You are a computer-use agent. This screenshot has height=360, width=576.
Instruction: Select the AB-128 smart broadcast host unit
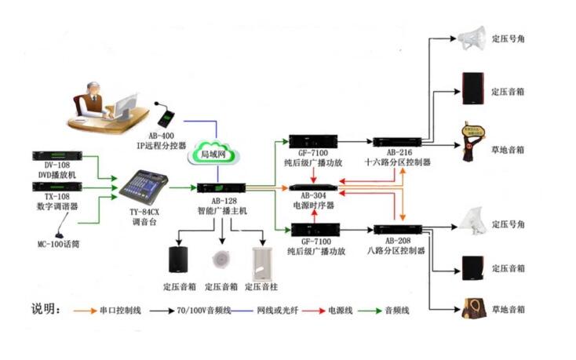point(224,188)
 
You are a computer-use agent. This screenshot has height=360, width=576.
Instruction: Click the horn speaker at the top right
point(472,35)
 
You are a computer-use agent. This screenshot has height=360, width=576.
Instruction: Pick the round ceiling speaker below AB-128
point(222,260)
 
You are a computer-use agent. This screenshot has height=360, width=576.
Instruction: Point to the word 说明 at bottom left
point(46,308)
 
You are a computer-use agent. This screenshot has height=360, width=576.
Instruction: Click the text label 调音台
point(144,222)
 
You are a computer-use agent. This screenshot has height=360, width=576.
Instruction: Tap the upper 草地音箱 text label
point(508,149)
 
